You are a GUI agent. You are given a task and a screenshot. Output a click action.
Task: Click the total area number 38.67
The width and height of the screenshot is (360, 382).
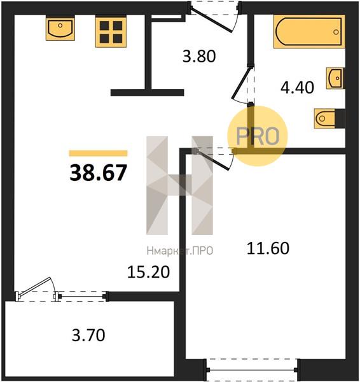click(99, 173)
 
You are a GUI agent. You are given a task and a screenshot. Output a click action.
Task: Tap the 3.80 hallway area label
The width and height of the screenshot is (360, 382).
click(199, 56)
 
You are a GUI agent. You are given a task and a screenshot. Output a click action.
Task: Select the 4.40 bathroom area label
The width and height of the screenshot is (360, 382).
click(297, 87)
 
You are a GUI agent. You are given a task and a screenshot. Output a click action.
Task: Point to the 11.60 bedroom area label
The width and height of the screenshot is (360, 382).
click(268, 248)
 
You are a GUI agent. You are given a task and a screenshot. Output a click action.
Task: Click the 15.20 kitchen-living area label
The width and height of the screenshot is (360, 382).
click(148, 272)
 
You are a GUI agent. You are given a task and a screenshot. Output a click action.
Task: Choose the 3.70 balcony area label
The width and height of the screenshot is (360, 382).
click(88, 336)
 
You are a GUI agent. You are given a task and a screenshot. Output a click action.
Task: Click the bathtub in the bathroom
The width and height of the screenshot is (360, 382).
click(309, 31)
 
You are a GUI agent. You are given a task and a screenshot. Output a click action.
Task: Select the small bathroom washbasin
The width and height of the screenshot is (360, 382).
click(335, 78)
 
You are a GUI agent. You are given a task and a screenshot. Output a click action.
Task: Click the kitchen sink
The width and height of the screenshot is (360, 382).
click(60, 28)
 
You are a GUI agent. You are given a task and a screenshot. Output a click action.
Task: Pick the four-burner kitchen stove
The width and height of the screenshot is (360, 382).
click(111, 32)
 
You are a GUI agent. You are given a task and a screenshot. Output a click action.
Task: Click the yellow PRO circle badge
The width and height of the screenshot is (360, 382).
click(258, 136)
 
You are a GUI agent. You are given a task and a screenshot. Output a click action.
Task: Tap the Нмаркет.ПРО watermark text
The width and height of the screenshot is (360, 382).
click(180, 251)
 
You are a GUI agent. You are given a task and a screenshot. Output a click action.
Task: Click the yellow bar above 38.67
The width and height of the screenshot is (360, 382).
click(99, 153)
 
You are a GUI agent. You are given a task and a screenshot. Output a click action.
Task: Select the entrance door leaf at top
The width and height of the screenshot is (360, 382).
click(211, 20)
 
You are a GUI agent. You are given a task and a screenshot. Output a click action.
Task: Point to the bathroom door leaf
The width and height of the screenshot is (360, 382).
click(240, 82)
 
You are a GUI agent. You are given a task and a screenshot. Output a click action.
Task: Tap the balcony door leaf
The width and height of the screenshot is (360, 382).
click(34, 286)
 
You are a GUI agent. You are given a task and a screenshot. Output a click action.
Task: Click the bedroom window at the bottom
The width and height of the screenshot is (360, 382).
click(252, 370)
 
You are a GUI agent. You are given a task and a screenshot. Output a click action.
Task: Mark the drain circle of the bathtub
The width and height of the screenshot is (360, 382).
click(336, 32)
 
